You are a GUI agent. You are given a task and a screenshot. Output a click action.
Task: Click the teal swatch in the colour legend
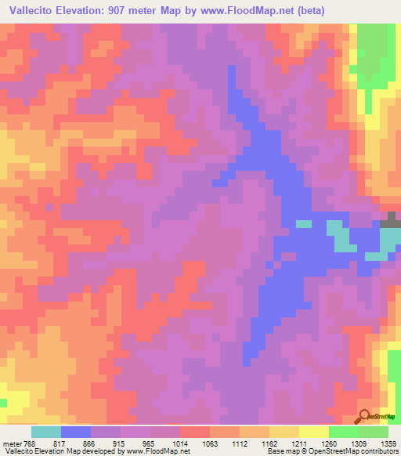click(x=46, y=432)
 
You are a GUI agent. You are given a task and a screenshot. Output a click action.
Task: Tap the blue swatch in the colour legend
click(x=76, y=432)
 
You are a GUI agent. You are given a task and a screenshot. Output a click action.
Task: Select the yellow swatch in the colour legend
click(x=313, y=432)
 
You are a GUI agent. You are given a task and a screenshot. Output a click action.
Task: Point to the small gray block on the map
click(x=391, y=216)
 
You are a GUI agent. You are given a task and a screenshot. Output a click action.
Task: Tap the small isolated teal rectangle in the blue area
click(x=303, y=223)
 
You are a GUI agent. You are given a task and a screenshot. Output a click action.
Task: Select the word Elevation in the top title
click(x=81, y=11)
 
